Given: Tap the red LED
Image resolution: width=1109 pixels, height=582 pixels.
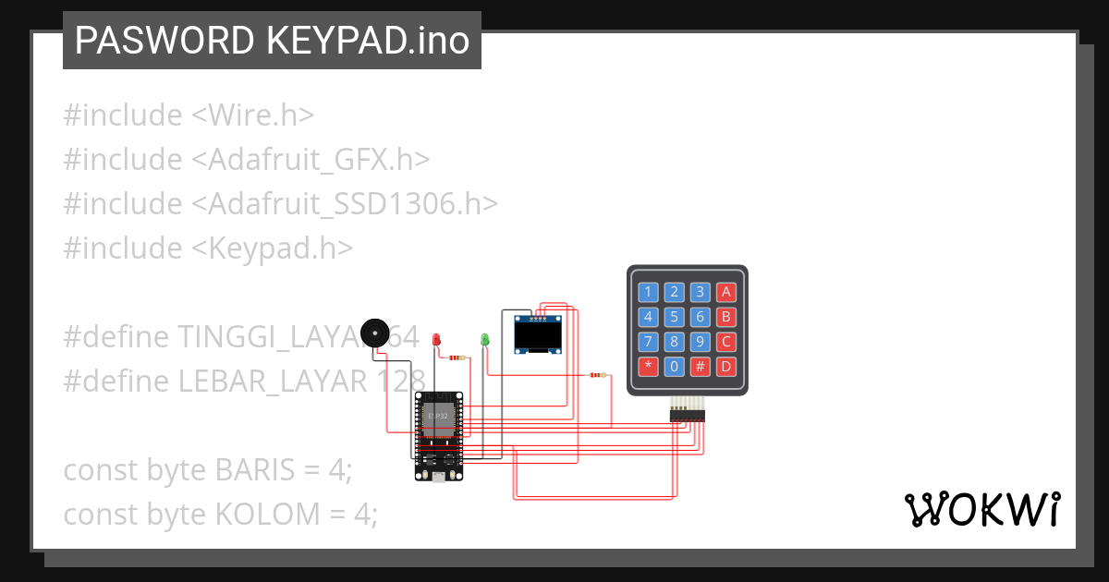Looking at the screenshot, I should pos(437,340).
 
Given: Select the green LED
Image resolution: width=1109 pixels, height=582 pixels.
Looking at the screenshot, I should pos(484,340).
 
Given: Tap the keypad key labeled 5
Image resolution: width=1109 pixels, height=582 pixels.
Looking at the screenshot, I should pos(675,317).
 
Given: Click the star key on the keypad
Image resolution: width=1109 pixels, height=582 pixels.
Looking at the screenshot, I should pos(649,366).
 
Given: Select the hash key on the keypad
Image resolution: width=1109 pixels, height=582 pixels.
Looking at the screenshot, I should pos(701,366).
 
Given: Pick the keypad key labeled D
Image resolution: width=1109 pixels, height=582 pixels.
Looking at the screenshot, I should pos(726,366).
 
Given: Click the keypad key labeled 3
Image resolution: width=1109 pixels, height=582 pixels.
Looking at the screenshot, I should pos(701,293).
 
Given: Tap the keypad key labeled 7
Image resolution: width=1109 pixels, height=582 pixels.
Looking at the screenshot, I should pos(649,342).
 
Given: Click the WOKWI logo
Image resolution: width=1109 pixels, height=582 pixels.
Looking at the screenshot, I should pos(981,509).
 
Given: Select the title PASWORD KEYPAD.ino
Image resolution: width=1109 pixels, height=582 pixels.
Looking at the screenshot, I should pos(272,41).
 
